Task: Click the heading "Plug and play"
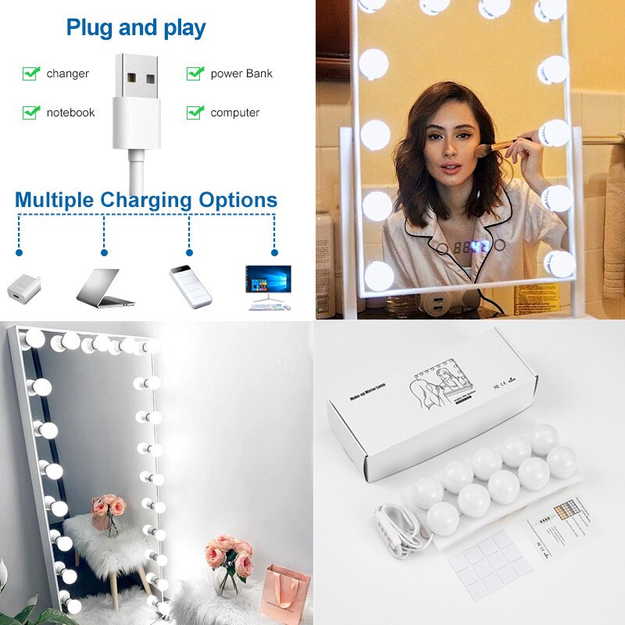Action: [136, 28]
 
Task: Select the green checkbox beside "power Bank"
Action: [195, 73]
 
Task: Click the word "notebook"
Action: [70, 112]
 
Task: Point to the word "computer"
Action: [234, 112]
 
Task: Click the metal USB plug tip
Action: [141, 78]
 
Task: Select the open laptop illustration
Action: [104, 287]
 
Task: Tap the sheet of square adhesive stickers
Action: [491, 563]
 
